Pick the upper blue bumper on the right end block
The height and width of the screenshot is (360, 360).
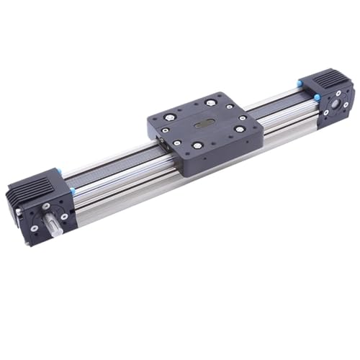[297, 85]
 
